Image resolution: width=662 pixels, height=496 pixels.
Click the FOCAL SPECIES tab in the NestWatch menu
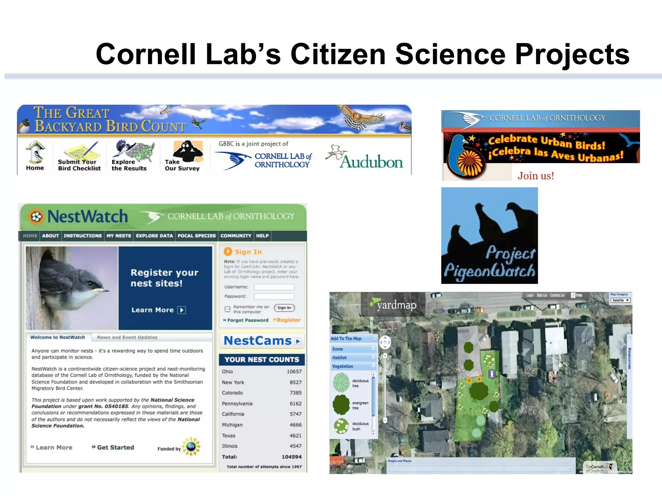click(x=197, y=236)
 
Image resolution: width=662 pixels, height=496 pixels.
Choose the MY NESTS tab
click(x=119, y=236)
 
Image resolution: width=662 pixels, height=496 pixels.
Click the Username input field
click(x=274, y=287)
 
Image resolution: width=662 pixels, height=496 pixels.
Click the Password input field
click(x=274, y=296)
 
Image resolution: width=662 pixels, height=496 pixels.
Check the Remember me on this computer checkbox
click(x=228, y=309)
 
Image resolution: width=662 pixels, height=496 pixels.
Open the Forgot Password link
click(x=248, y=320)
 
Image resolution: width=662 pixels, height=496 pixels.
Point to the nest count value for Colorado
click(x=295, y=393)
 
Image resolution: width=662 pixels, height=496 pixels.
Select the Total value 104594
click(x=291, y=457)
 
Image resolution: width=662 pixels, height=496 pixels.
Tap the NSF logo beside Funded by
click(x=191, y=447)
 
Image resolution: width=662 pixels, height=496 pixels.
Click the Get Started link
click(x=115, y=447)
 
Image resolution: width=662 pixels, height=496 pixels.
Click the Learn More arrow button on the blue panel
click(x=182, y=310)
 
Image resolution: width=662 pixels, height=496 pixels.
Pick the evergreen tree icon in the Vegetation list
click(x=341, y=405)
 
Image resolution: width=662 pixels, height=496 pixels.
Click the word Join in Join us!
click(x=528, y=176)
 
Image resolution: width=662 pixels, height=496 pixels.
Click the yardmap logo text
click(x=397, y=305)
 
